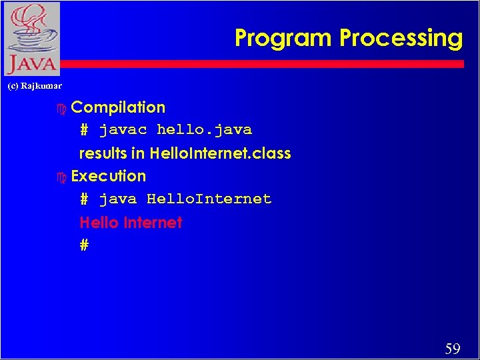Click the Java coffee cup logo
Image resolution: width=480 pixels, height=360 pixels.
31,39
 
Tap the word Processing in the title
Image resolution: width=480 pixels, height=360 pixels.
401,38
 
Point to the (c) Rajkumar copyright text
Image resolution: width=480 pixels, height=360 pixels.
35,86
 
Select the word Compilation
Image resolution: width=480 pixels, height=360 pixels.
118,107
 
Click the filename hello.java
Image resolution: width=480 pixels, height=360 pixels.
204,129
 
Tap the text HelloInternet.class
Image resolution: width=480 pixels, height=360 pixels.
220,153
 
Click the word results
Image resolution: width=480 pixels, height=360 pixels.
103,153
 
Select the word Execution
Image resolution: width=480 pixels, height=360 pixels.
108,176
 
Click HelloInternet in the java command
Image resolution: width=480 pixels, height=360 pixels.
209,199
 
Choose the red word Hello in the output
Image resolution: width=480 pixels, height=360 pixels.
98,223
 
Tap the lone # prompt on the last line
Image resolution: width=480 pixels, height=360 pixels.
84,245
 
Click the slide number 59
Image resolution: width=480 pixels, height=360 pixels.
453,348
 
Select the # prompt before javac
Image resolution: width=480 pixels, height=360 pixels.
84,129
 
